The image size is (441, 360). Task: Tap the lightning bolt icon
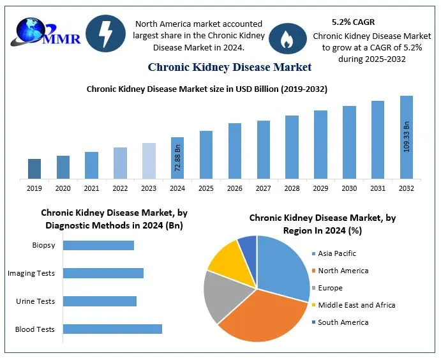point(105,33)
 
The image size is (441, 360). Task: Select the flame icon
point(287,39)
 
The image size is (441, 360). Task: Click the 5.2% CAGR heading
point(354,21)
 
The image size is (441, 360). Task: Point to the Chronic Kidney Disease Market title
point(230,66)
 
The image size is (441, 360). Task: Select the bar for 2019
point(34,169)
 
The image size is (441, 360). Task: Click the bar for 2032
point(407,137)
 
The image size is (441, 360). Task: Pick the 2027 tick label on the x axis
point(263,188)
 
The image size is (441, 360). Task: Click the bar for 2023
point(149,160)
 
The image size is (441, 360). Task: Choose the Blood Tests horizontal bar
point(112,329)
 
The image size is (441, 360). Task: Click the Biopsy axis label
point(43,245)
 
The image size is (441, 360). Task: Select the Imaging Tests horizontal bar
point(103,273)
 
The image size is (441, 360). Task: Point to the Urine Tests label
point(36,301)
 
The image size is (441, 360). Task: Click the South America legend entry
point(343,322)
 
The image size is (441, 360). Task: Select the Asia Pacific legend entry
point(336,253)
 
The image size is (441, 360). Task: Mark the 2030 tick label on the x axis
point(349,188)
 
